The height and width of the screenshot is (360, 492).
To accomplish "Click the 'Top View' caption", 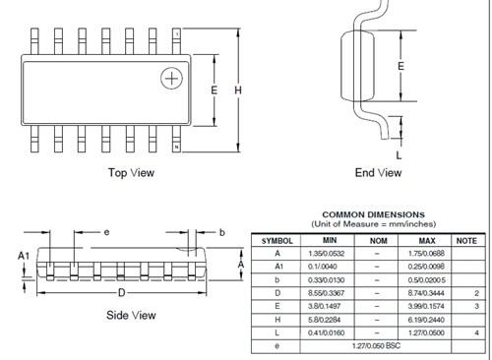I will [132, 173].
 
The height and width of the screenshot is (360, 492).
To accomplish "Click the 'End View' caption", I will [378, 173].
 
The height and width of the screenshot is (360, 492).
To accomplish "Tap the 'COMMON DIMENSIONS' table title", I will [374, 214].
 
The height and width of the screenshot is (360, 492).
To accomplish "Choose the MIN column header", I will [330, 240].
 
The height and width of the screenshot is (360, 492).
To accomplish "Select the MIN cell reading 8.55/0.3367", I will [330, 292].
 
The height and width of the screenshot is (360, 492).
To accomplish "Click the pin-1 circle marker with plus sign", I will [173, 78].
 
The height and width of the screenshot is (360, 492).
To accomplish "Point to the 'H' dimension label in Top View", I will [237, 90].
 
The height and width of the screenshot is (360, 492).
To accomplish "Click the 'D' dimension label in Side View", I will [121, 294].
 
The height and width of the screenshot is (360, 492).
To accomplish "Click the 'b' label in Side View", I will [222, 232].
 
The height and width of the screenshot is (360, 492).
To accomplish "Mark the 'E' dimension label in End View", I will [400, 66].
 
